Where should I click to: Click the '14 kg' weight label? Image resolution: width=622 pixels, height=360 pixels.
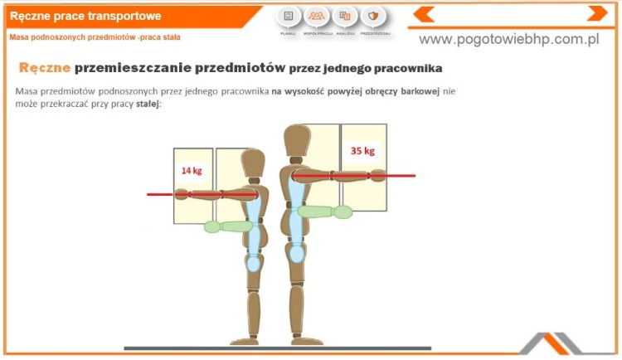[x=192, y=170]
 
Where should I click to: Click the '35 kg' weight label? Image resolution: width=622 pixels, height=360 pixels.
[x=363, y=151]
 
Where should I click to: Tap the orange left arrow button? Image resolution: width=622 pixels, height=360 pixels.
[x=424, y=14]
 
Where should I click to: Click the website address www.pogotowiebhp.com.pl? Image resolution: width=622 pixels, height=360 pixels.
[x=508, y=40]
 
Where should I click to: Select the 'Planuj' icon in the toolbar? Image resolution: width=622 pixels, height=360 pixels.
[x=288, y=17]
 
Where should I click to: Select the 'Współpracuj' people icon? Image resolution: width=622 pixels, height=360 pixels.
[x=316, y=17]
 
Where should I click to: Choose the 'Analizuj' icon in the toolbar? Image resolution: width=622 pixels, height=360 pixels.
[x=345, y=17]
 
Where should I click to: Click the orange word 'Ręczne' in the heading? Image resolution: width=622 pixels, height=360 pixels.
[x=44, y=67]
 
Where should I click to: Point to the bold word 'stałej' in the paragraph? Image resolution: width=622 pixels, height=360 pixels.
[x=147, y=104]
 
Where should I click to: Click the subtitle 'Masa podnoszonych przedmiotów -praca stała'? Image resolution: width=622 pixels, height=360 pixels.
[x=95, y=37]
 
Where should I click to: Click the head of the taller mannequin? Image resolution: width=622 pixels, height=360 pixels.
[x=297, y=142]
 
